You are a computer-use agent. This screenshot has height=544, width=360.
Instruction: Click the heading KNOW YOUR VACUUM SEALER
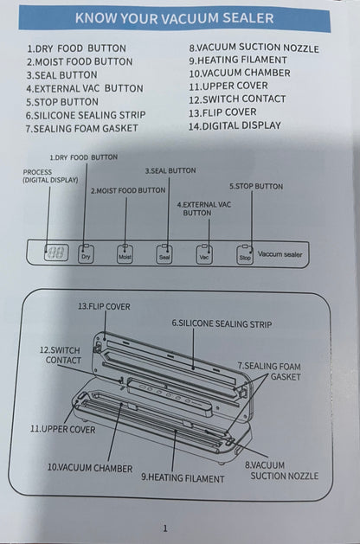pos(174,17)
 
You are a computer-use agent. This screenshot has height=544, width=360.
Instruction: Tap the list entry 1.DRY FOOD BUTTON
pos(75,49)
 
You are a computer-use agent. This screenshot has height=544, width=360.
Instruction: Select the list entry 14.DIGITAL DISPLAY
pos(235,125)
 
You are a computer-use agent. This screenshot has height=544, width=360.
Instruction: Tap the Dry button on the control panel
pos(85,256)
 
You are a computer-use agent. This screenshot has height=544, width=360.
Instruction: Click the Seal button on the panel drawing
pos(164,256)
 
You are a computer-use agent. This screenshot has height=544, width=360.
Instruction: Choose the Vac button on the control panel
pos(205,256)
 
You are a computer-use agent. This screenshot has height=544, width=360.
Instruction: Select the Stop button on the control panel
pos(245,256)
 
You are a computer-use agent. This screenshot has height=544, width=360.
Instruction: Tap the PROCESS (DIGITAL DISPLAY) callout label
pos(50,176)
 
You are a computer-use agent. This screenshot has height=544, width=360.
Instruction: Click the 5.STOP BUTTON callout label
pos(255,186)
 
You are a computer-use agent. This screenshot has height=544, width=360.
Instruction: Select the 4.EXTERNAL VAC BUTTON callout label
pos(203,208)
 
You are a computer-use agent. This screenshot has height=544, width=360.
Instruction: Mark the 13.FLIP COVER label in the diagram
pos(104,306)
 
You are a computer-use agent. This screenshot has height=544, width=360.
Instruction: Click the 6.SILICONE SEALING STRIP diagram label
pos(221,323)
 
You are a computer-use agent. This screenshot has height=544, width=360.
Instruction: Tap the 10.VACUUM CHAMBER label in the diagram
pos(89,467)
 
